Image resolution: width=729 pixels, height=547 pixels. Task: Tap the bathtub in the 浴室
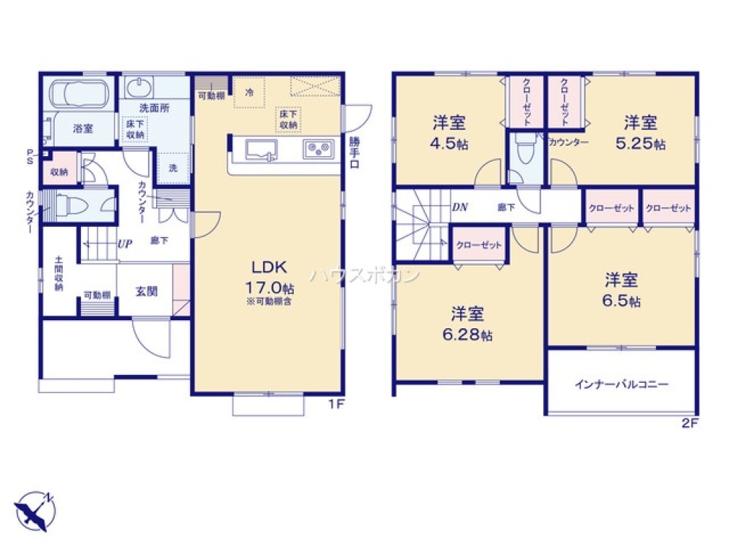(79, 96)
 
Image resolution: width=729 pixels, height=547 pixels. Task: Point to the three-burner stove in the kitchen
(319, 150)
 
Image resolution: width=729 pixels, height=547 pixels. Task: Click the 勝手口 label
(355, 152)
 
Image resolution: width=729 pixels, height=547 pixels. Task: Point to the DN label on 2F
(459, 207)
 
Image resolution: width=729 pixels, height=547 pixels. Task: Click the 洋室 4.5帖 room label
(450, 132)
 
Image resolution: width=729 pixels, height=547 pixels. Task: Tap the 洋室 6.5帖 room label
(621, 289)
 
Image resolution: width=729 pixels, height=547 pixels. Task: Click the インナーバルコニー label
(621, 384)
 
